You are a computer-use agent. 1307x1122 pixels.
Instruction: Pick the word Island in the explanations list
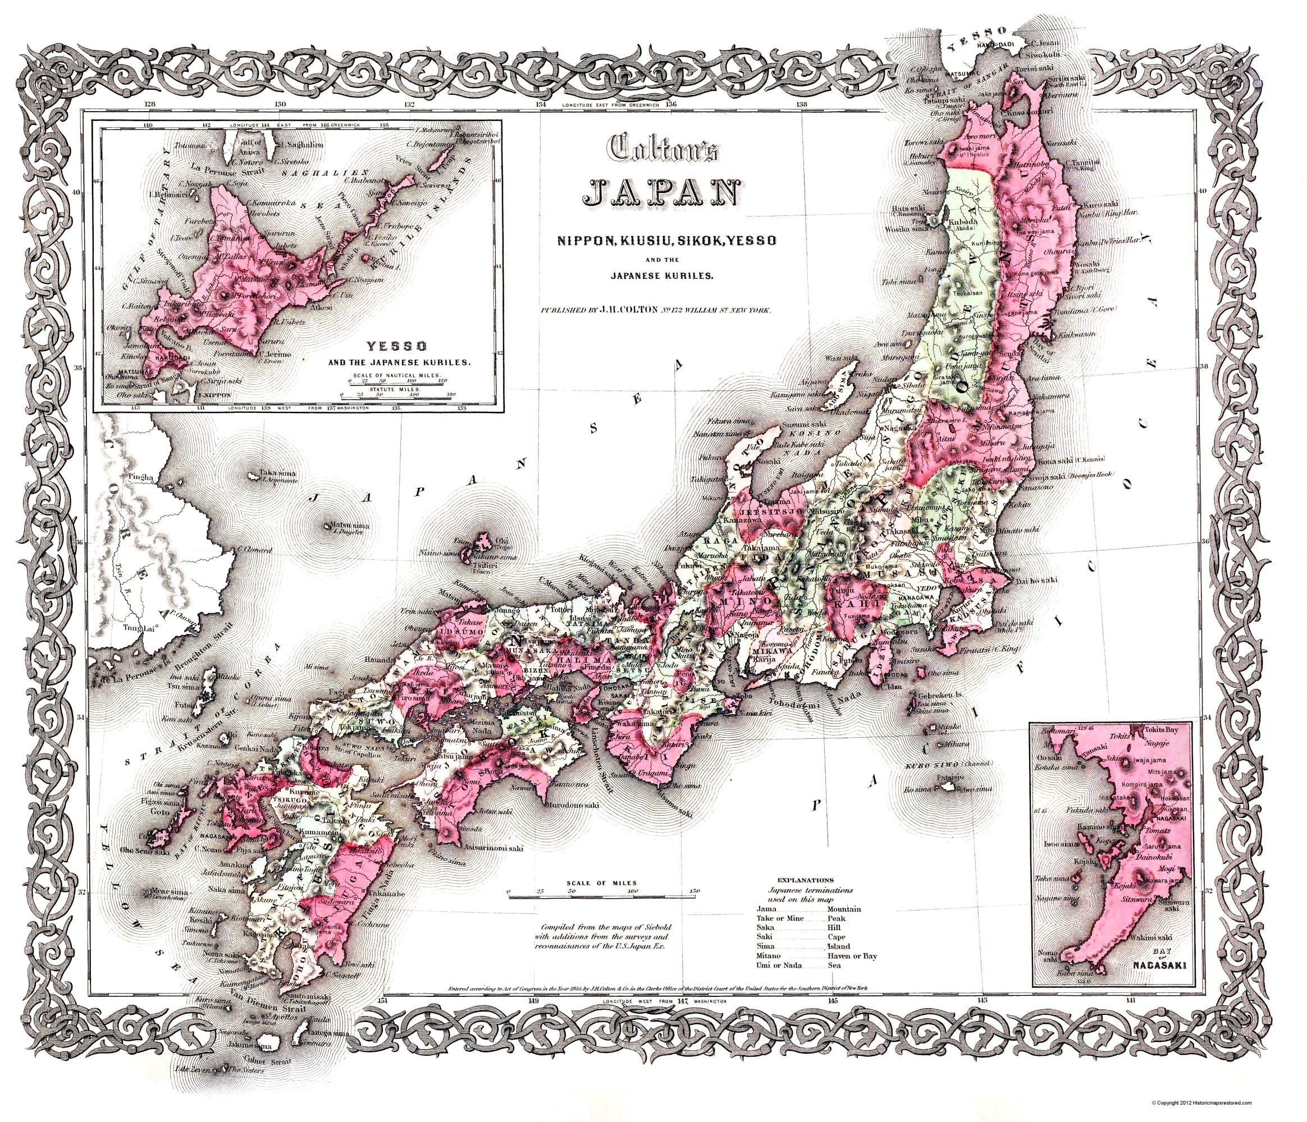[838, 946]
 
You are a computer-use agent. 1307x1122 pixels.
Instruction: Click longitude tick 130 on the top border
[280, 104]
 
